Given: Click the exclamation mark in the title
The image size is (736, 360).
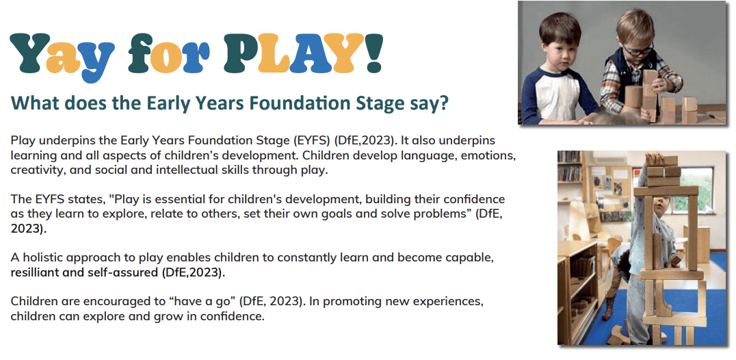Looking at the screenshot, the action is (373, 53).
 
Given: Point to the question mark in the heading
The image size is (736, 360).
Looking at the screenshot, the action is (443, 103).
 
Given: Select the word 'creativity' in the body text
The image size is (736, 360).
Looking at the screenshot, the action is (37, 170).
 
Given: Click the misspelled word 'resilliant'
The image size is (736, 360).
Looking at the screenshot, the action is (35, 272).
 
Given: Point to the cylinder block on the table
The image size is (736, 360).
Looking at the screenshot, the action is (632, 96).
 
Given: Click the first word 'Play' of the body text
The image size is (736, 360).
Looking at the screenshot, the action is (22, 141).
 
